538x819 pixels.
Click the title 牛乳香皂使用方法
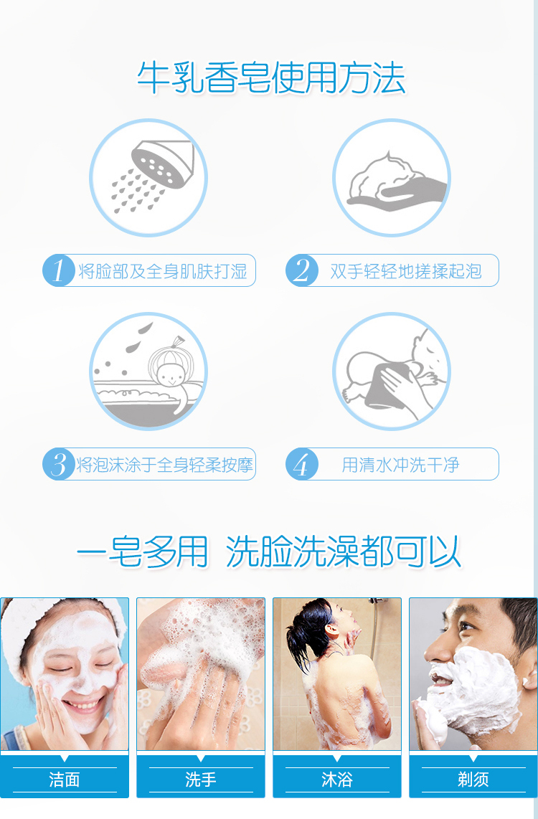[x=271, y=78]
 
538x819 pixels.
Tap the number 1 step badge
[x=59, y=270]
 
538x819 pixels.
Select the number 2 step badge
[x=301, y=270]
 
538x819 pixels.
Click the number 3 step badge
[x=59, y=464]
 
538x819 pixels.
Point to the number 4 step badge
[x=301, y=464]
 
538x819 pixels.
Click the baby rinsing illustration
[x=392, y=371]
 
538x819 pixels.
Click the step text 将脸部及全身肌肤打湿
[x=163, y=271]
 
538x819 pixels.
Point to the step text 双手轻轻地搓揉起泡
[x=406, y=271]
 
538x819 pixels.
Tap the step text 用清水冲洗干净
[x=400, y=464]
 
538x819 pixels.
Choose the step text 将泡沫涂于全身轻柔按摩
[x=164, y=464]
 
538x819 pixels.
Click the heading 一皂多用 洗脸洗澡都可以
[x=269, y=551]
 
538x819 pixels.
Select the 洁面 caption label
[x=65, y=780]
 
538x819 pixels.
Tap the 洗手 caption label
[x=201, y=780]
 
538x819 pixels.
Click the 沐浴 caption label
[x=337, y=780]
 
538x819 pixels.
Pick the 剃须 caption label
[x=473, y=780]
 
